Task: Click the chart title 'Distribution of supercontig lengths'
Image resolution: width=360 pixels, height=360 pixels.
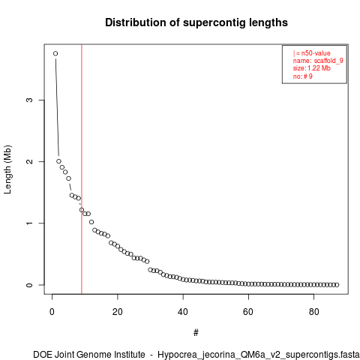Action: point(196,22)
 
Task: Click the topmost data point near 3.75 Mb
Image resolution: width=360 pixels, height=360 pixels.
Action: point(55,53)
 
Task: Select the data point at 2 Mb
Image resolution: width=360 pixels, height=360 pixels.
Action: point(58,161)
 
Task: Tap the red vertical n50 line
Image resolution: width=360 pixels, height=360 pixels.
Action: point(82,169)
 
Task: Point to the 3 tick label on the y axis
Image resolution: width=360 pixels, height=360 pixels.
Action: point(29,100)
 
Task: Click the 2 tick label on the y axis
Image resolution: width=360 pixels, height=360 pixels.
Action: point(29,161)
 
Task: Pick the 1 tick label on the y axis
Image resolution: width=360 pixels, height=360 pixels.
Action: point(29,223)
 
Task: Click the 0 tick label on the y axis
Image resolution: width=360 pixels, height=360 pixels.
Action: point(29,285)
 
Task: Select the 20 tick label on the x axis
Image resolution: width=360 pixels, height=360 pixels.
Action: point(118,312)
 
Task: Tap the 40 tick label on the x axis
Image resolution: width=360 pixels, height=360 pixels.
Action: point(183,312)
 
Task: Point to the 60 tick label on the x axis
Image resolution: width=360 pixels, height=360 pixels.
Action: point(248,312)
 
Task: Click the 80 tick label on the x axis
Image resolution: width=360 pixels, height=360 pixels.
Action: point(313,312)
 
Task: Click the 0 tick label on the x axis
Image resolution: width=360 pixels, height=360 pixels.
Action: point(52,312)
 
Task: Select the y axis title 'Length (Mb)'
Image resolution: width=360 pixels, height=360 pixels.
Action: point(7,169)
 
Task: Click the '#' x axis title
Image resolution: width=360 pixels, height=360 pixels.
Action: point(196,333)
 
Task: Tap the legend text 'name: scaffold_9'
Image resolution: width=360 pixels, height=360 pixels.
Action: point(318,61)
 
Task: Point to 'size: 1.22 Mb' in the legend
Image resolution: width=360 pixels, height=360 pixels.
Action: point(312,68)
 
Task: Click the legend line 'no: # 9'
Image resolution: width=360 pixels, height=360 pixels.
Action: point(303,76)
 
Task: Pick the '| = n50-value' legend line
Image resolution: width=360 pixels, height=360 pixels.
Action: point(312,53)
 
